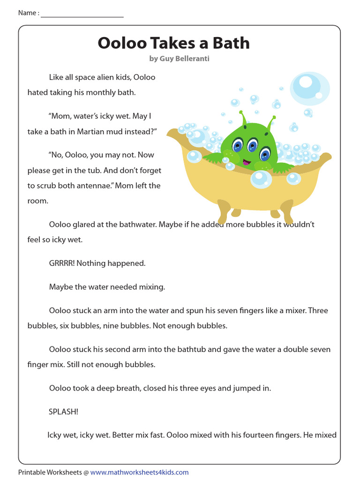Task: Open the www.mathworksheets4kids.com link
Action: (x=139, y=472)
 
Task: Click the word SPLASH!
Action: (x=63, y=412)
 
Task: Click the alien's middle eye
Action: (x=253, y=146)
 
